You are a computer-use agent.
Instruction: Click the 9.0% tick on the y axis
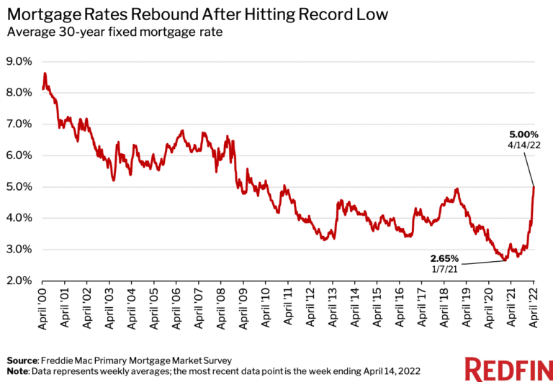point(19,61)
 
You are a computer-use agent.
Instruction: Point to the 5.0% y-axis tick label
point(19,186)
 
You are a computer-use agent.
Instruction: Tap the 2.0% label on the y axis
point(19,281)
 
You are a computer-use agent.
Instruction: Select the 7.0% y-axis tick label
point(19,124)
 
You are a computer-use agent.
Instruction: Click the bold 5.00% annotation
point(522,133)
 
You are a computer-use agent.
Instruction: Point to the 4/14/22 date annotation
point(522,145)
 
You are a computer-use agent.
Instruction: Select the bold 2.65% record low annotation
point(444,258)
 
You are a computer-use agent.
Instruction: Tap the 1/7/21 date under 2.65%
point(444,269)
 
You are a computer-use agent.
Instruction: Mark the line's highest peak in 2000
point(45,73)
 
